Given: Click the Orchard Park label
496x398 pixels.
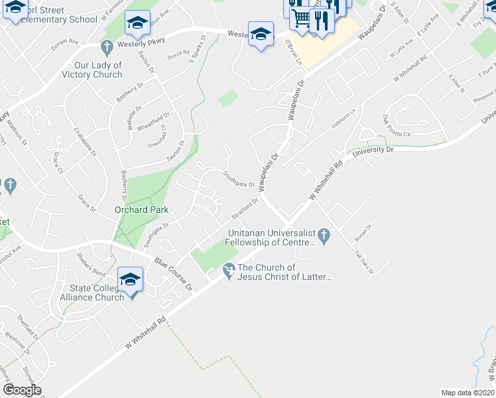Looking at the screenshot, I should point(142,210).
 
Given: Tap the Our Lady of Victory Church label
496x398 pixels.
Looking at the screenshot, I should point(98,70).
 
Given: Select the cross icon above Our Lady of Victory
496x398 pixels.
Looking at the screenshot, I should point(107,48).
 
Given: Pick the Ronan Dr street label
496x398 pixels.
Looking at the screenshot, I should point(364,230).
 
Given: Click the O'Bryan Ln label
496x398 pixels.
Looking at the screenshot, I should point(293,52).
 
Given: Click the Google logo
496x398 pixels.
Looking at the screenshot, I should point(22,390).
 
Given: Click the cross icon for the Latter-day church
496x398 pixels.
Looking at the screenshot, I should point(229,270).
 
